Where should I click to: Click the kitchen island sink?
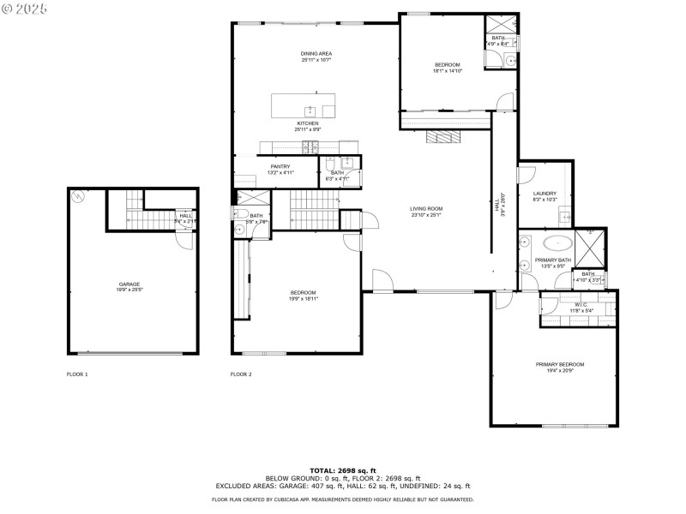(x=310, y=111)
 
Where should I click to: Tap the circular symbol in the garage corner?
(x=79, y=195)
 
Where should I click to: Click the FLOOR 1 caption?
(x=77, y=374)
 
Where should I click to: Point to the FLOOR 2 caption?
(x=241, y=374)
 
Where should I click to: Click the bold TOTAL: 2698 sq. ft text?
(x=343, y=470)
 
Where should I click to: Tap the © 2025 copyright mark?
(x=25, y=8)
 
